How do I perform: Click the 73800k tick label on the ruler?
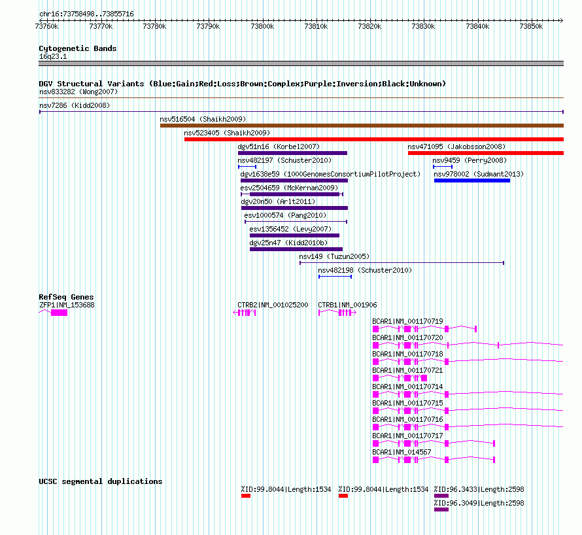[262, 26]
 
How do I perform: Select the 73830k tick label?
[424, 26]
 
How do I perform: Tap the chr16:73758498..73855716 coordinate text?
[86, 14]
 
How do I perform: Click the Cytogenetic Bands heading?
[78, 48]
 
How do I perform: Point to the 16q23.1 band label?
[53, 56]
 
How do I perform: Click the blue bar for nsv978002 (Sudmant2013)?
[472, 181]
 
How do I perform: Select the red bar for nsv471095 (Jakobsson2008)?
[486, 153]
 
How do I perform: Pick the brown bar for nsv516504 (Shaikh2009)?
[362, 126]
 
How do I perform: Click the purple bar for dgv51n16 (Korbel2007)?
[292, 153]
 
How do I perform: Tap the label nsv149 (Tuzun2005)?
[334, 256]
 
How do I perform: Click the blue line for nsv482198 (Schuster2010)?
[335, 277]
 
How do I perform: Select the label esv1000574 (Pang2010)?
[285, 215]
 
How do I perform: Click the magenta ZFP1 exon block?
[60, 313]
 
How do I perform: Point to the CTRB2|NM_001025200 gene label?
[273, 305]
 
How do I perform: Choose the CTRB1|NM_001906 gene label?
[347, 305]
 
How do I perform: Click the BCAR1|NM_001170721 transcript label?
[407, 370]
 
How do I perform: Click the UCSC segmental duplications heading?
[101, 481]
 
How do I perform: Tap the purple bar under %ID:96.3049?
[441, 509]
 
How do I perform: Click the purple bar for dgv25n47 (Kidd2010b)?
[296, 249]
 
